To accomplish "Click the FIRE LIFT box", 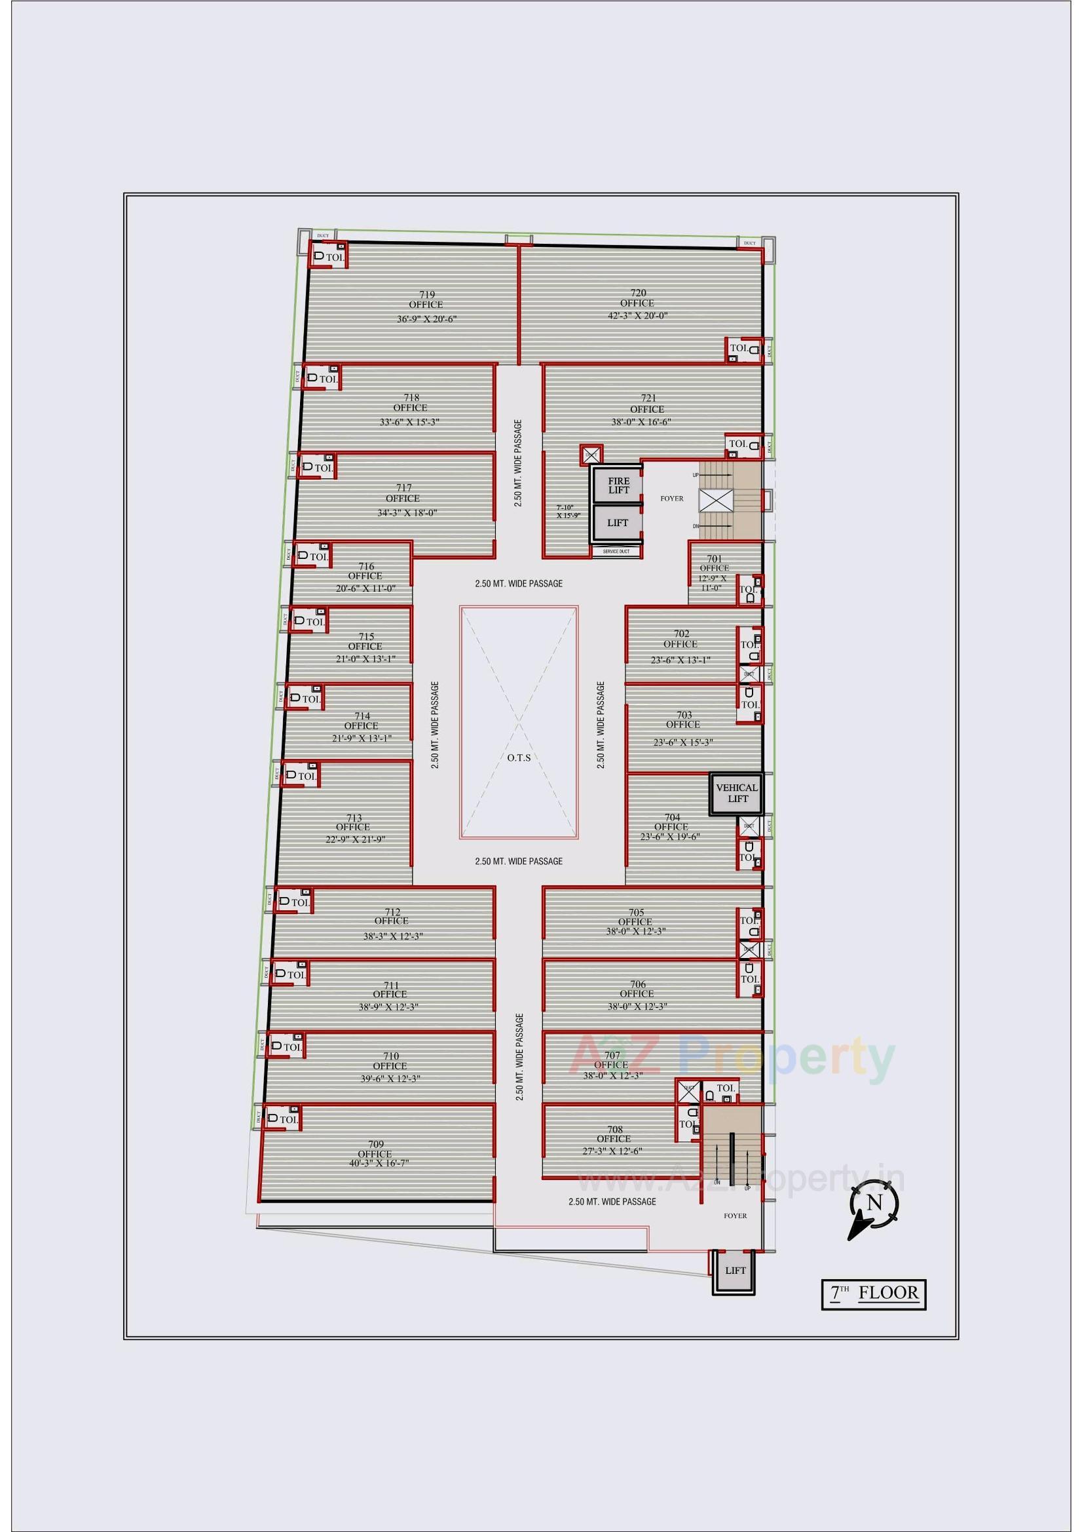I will (618, 485).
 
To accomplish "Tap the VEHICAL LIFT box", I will (736, 793).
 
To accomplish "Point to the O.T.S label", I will (518, 757).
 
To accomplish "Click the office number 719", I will (427, 294).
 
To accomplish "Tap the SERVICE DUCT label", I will (616, 552).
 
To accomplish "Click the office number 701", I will (715, 558).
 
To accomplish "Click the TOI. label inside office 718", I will (328, 379).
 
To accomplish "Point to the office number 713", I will (354, 817).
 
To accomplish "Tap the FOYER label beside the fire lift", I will (672, 499).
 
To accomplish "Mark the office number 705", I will (636, 912).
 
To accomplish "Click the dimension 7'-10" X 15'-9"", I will (569, 511).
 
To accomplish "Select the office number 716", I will (365, 567).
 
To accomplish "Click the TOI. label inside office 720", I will (738, 348).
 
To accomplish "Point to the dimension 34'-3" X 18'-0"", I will (407, 512).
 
